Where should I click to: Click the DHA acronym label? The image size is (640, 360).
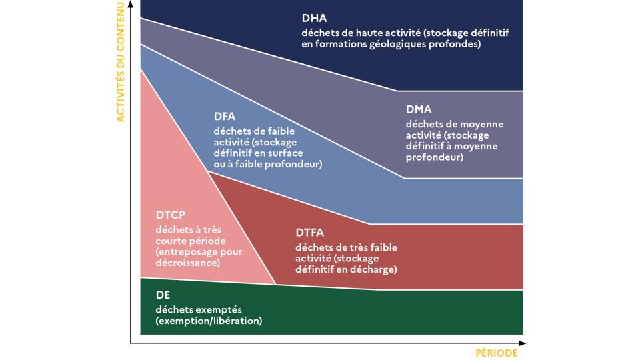point(314,19)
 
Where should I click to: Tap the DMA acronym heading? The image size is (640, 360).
point(419,109)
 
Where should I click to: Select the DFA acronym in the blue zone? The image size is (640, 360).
point(225,116)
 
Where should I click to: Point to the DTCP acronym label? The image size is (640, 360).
point(170,215)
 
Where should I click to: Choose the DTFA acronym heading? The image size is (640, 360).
point(310,233)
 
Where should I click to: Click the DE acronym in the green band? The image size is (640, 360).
point(163,295)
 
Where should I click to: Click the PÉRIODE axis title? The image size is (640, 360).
point(496,353)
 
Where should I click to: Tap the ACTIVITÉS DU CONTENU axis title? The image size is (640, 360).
point(120,62)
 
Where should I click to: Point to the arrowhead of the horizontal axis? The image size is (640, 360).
point(523,343)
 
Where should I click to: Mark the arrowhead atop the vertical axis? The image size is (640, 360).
point(131,4)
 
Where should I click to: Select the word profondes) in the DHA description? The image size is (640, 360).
point(455,44)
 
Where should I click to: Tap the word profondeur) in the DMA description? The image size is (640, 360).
point(435,157)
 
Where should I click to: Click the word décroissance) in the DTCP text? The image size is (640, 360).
point(188,263)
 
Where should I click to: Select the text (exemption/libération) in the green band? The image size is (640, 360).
point(209,321)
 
